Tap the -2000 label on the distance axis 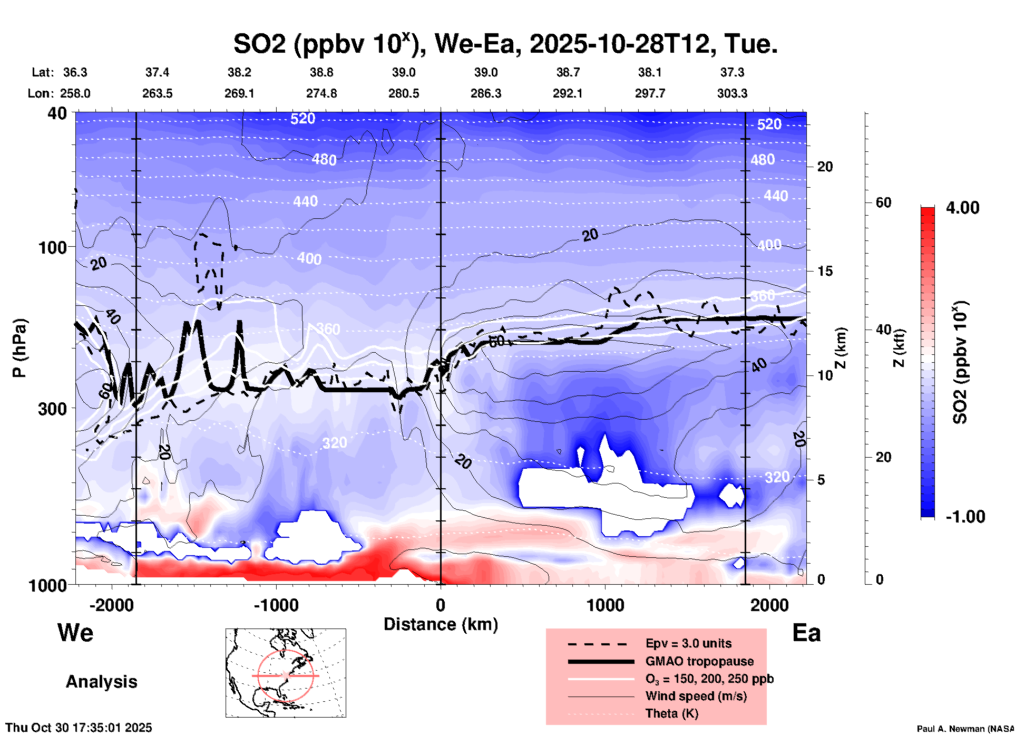coord(112,605)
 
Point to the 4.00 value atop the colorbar coord(962,207)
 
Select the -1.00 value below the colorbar coord(965,516)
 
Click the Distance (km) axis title coord(441,624)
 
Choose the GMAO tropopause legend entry coord(699,661)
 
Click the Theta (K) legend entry coord(671,713)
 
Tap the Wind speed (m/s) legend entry coord(696,696)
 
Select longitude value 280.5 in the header coord(404,93)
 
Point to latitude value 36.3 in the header coord(75,72)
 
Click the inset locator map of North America coord(286,673)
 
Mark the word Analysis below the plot coord(101,682)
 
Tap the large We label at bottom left coord(75,632)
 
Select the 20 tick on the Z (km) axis coord(825,167)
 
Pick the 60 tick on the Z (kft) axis coord(883,202)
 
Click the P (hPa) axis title coord(19,348)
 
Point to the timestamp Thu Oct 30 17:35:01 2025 coord(79,728)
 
